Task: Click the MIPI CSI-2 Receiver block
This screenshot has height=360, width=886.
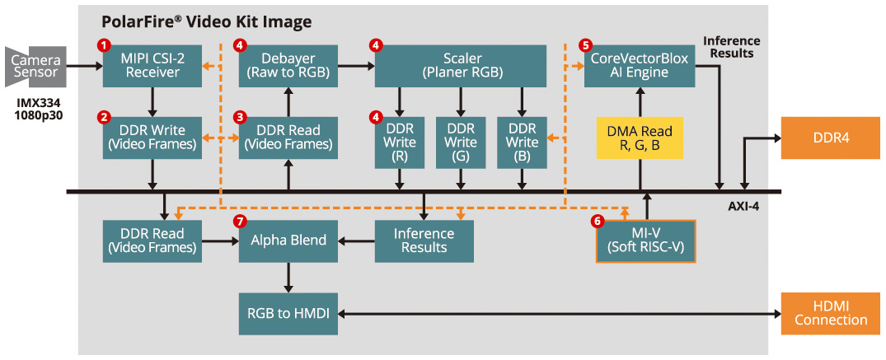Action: pos(152,65)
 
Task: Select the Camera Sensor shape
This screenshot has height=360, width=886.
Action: pos(35,66)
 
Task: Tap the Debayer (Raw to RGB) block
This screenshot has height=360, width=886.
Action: pos(288,65)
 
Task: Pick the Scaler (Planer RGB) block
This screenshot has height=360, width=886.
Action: pos(461,65)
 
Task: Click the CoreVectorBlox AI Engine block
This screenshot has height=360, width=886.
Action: pos(640,65)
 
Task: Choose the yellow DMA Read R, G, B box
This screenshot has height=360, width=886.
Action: pos(640,138)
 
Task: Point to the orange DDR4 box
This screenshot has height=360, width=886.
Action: pos(830,138)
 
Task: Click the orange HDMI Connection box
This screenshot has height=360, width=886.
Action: pos(830,313)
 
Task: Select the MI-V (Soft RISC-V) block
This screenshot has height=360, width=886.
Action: pos(646,241)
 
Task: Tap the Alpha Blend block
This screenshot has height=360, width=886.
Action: pos(288,241)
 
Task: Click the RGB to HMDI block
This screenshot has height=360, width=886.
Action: pos(288,313)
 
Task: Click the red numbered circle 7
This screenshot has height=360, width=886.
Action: pos(240,222)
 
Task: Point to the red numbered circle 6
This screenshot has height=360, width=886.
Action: pos(598,222)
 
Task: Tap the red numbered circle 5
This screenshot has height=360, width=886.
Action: pos(585,45)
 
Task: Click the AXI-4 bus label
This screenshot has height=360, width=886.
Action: pos(743,206)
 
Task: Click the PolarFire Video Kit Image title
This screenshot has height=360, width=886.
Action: pos(206,21)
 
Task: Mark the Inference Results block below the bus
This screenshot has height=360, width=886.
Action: pos(424,241)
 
